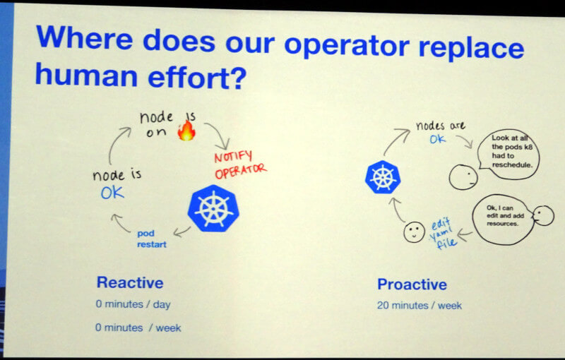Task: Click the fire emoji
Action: (186, 130)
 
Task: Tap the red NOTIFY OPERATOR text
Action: (240, 165)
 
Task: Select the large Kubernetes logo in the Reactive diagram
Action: (213, 208)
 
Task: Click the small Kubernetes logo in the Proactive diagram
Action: (383, 176)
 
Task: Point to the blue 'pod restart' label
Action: (152, 239)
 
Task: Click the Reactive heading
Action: (130, 282)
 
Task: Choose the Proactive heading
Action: (412, 284)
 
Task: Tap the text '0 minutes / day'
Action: (133, 304)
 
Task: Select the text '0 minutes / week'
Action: (138, 328)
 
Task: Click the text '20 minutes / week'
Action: (420, 306)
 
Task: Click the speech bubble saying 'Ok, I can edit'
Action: (503, 220)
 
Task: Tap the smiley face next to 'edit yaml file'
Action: (414, 232)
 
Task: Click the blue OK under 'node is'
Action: (112, 193)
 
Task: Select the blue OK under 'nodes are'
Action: (437, 139)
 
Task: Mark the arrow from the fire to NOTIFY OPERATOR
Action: (219, 133)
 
